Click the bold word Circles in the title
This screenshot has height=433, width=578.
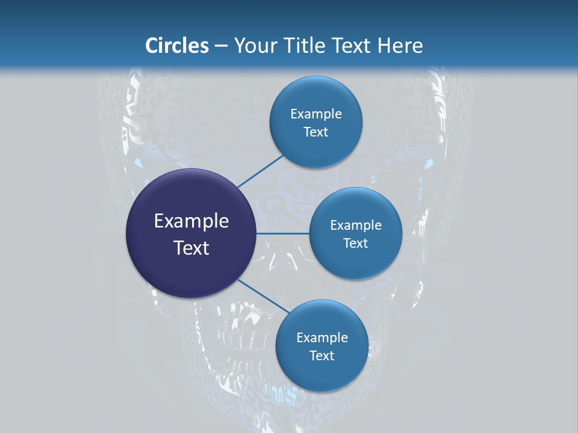click(x=177, y=46)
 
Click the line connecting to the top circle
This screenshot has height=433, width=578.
click(x=260, y=171)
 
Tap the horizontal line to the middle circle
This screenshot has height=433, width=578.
click(x=283, y=233)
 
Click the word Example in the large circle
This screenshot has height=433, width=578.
click(x=191, y=221)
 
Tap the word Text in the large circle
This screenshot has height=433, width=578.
click(x=191, y=248)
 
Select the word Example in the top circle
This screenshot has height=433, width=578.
click(x=316, y=114)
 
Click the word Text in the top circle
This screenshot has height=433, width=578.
click(x=315, y=132)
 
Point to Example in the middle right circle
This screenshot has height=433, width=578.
click(x=356, y=226)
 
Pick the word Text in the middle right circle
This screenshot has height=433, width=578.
click(x=355, y=244)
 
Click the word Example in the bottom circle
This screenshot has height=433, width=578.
click(x=322, y=338)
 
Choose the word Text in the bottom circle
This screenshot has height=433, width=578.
click(x=322, y=356)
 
